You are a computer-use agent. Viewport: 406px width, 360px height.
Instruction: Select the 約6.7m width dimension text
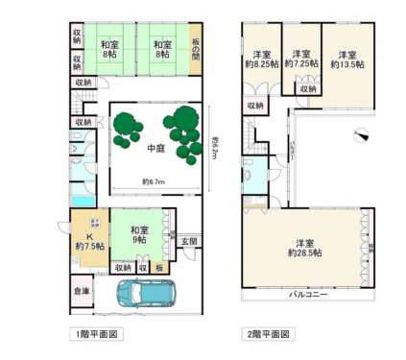155,180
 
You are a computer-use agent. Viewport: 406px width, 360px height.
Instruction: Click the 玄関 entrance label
189,241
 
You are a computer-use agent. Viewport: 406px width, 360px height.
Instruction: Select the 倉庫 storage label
82,292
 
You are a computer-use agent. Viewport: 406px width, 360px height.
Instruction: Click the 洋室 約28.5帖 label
305,248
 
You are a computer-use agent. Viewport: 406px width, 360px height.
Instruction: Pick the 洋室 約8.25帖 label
261,59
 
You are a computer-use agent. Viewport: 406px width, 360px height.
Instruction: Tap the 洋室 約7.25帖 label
303,59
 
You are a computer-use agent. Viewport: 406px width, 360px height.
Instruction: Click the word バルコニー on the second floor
306,295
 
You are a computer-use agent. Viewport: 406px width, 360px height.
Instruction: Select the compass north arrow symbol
359,135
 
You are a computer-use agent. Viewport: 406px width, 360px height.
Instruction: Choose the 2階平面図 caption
265,335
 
